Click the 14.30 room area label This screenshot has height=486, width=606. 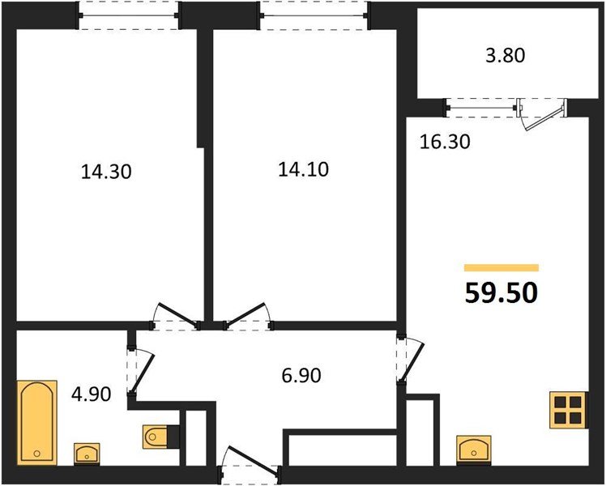(x=106, y=172)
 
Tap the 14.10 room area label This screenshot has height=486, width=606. (x=303, y=169)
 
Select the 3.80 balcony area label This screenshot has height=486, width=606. (x=505, y=55)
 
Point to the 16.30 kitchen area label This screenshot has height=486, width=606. (x=445, y=142)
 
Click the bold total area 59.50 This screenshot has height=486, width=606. (x=501, y=293)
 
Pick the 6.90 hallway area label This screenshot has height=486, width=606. (x=301, y=376)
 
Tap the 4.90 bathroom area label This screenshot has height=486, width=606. (x=92, y=394)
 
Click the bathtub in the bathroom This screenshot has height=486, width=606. (x=37, y=423)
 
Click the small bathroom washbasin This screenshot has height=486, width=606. (x=87, y=453)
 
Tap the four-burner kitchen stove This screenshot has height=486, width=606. (x=568, y=410)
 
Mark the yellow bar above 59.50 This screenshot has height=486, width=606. (x=501, y=268)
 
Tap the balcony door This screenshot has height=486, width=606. (x=542, y=113)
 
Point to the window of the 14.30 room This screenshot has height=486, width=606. (x=129, y=15)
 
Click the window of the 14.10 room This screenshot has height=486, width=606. (x=314, y=15)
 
